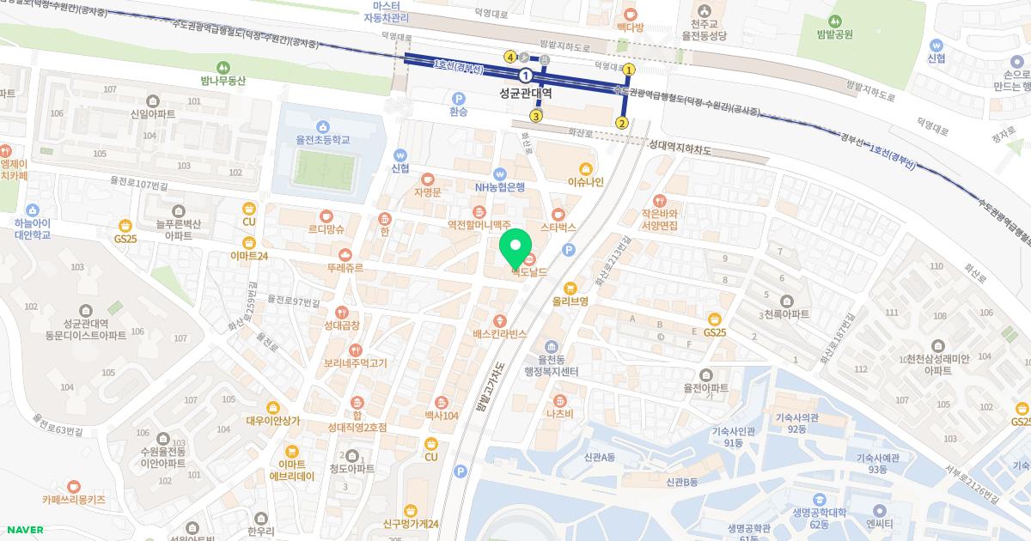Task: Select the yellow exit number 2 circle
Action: pos(621,123)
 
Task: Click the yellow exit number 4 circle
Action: pos(510,57)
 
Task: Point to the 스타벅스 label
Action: pos(558,228)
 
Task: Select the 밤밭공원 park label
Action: pos(835,34)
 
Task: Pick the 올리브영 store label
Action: pos(570,301)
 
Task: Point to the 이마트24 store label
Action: pos(250,255)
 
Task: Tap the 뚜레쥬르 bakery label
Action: pos(345,268)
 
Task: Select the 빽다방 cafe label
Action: pos(630,27)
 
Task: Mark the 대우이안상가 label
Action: pos(272,420)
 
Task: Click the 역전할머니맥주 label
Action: pos(479,226)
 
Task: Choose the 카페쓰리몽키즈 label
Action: pos(73,498)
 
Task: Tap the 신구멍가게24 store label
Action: pos(412,524)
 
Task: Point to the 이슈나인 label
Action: pos(586,181)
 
